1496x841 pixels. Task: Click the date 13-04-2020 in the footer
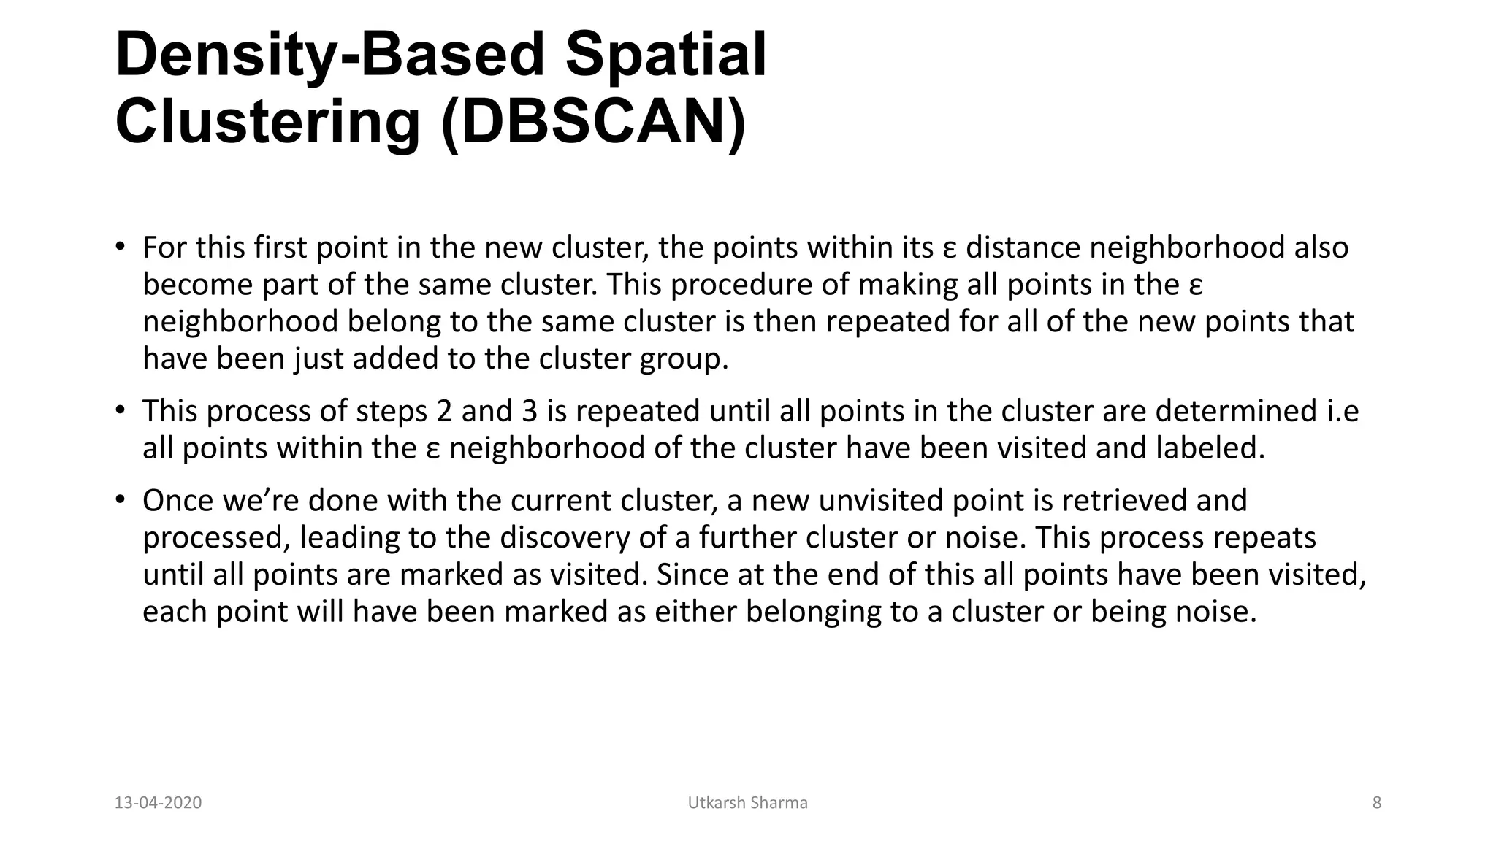coord(158,803)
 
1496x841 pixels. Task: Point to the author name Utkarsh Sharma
coord(747,803)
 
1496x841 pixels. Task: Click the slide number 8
coord(1377,803)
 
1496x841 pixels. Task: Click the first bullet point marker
coord(120,246)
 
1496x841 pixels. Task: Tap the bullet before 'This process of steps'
coord(120,410)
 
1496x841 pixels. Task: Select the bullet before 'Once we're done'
coord(120,499)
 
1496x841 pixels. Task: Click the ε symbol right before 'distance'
coord(949,249)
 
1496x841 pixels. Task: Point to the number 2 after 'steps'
coord(444,411)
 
